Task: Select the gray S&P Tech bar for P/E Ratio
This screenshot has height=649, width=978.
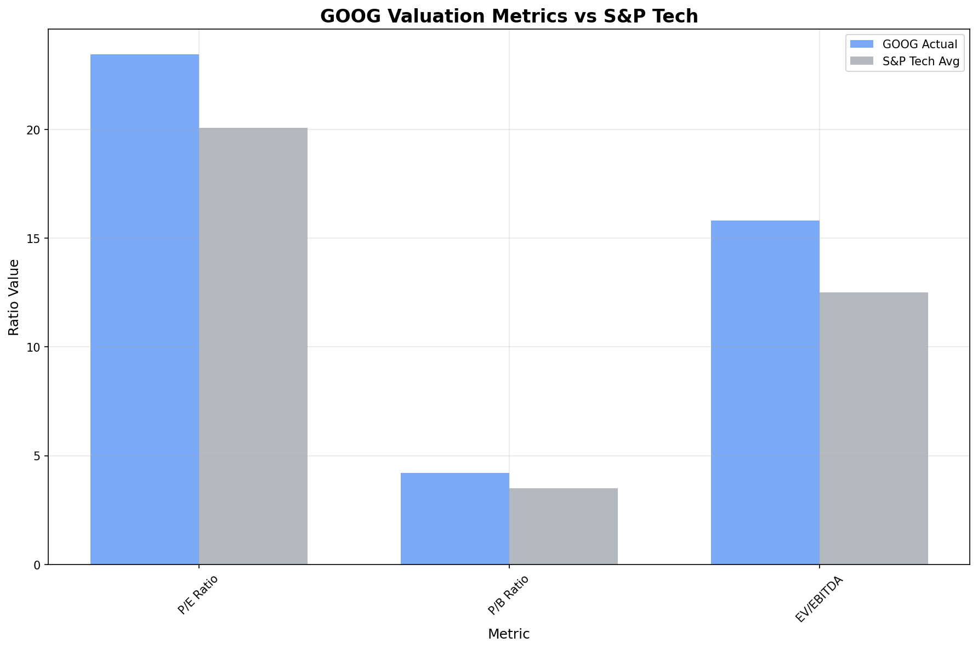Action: tap(253, 346)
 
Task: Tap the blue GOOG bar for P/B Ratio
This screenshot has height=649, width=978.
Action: tap(454, 518)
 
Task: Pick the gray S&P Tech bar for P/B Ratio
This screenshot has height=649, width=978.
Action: tap(563, 526)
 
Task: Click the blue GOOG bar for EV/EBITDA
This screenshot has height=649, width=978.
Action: tap(765, 392)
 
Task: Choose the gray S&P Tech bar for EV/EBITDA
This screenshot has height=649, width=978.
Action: tap(873, 428)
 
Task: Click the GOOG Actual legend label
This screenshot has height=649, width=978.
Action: tap(919, 44)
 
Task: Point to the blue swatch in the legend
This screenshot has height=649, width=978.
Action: tap(861, 44)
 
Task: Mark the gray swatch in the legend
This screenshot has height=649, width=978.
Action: tap(861, 62)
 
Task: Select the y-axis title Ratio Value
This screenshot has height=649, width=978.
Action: tap(14, 297)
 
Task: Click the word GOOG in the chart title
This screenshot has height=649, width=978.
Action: tap(348, 16)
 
